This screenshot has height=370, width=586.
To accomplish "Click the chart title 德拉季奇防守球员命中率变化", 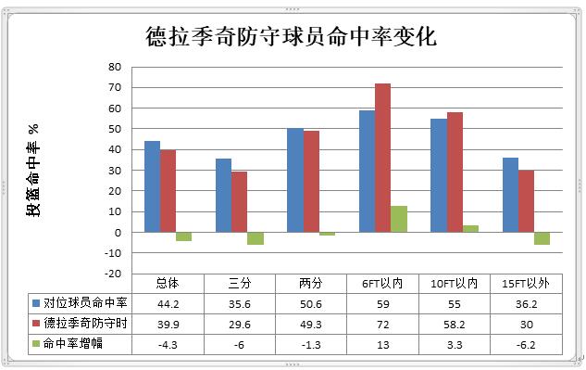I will [292, 37].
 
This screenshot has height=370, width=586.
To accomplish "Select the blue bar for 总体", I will [152, 186].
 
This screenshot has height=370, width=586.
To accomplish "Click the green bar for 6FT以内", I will [399, 219].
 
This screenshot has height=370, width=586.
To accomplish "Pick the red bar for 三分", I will [239, 201].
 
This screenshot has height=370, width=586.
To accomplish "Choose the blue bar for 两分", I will [295, 180].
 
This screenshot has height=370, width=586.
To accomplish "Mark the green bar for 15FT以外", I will [542, 238].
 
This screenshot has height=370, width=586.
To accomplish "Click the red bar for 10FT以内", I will [455, 172].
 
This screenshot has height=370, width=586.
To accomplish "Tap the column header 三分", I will [239, 283].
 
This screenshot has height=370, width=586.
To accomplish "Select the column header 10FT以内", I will [454, 283].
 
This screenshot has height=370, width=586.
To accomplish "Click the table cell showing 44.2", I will [168, 302].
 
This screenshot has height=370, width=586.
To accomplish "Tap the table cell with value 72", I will [382, 323].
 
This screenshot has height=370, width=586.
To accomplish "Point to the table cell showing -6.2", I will [525, 344].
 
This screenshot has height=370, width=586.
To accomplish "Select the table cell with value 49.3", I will [310, 323].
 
